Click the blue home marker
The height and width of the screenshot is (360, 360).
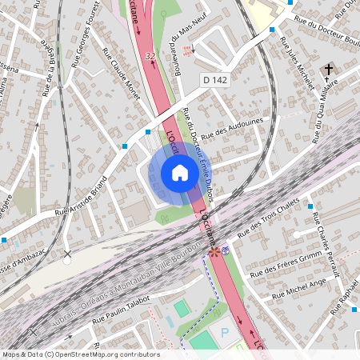[180, 172]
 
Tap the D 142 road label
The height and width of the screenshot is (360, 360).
[216, 80]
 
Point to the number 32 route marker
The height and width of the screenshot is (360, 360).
[150, 56]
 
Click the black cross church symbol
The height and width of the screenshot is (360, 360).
[328, 70]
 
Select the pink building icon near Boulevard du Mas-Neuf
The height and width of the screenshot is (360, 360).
[188, 51]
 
